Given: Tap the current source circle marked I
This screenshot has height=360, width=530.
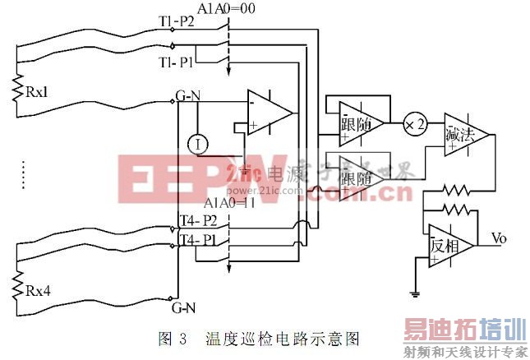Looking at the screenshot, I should click(x=196, y=144).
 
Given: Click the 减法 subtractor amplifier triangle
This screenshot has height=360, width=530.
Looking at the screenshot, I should click(x=463, y=133).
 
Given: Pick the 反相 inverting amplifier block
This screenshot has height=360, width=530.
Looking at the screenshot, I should click(x=449, y=244).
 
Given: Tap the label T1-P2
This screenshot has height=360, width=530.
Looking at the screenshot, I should click(x=175, y=20).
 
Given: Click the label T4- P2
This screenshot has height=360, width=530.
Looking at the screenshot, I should click(x=198, y=220).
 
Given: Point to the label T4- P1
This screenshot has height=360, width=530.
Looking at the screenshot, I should click(x=198, y=241).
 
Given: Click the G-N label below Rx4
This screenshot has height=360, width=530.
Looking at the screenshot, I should click(x=182, y=310).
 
